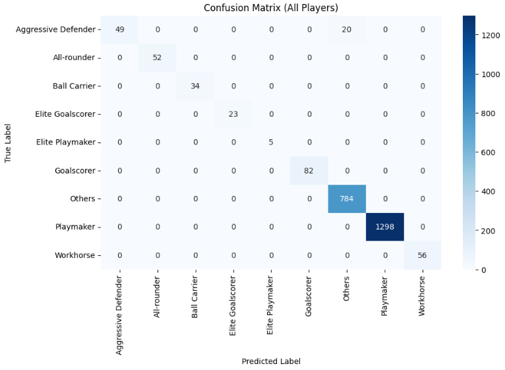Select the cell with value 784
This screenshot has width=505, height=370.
(x=346, y=199)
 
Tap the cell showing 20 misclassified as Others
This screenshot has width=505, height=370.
(x=346, y=29)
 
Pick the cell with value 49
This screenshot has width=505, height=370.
(x=119, y=29)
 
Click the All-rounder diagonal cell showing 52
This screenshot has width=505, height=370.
(x=158, y=57)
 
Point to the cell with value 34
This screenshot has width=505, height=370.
(x=195, y=86)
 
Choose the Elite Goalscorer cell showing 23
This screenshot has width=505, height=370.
(x=233, y=114)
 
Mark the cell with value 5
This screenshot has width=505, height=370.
(x=271, y=142)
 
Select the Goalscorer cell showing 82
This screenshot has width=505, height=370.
(x=309, y=170)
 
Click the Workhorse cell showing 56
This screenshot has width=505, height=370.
(x=422, y=255)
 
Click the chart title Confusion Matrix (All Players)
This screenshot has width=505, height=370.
(x=271, y=8)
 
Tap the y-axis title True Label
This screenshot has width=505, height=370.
(x=9, y=142)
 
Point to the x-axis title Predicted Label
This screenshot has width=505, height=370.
(x=271, y=361)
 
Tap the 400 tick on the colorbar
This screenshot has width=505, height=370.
(x=489, y=191)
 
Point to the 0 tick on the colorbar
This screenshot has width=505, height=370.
(x=484, y=269)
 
